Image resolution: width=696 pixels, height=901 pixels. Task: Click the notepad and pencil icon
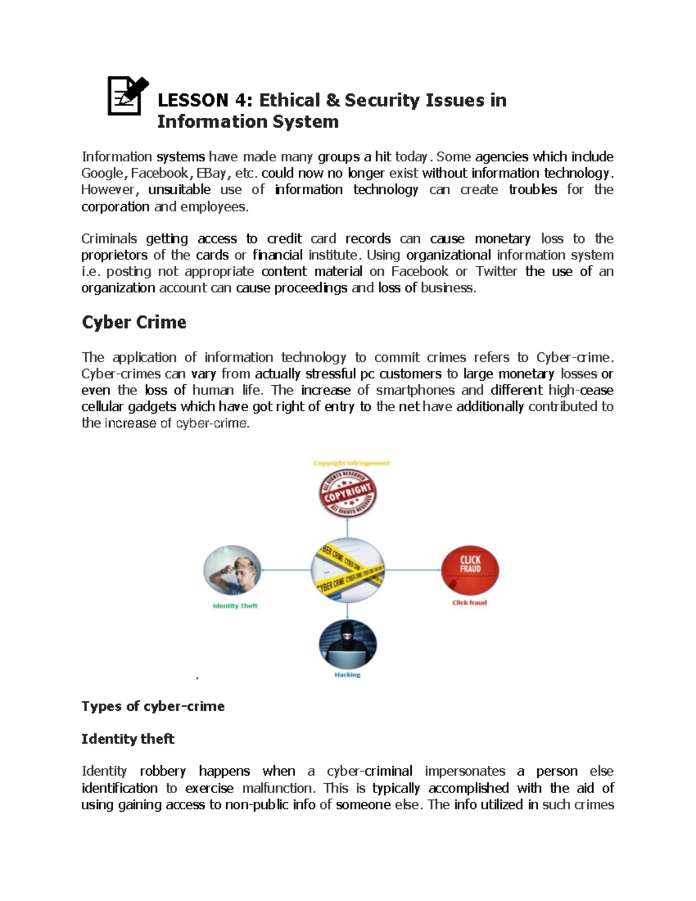pyautogui.click(x=127, y=96)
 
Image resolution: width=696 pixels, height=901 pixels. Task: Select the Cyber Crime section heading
pyautogui.click(x=134, y=323)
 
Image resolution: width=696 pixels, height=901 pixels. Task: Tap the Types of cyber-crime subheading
pyautogui.click(x=153, y=706)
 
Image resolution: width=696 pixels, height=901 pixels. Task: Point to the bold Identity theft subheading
pyautogui.click(x=128, y=739)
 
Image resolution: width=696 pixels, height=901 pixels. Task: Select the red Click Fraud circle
pyautogui.click(x=470, y=570)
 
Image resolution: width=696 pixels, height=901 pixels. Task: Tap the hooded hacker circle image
pyautogui.click(x=347, y=645)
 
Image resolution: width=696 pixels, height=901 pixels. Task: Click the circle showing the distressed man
pyautogui.click(x=232, y=570)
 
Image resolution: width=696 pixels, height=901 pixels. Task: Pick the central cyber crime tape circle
pyautogui.click(x=347, y=570)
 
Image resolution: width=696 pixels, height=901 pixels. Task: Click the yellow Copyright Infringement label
pyautogui.click(x=351, y=463)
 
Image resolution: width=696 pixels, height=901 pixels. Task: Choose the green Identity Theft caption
pyautogui.click(x=235, y=606)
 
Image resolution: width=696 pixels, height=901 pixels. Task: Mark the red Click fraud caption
pyautogui.click(x=469, y=603)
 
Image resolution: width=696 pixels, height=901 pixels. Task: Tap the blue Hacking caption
pyautogui.click(x=347, y=675)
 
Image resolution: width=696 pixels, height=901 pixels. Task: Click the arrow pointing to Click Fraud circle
pyautogui.click(x=413, y=570)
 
